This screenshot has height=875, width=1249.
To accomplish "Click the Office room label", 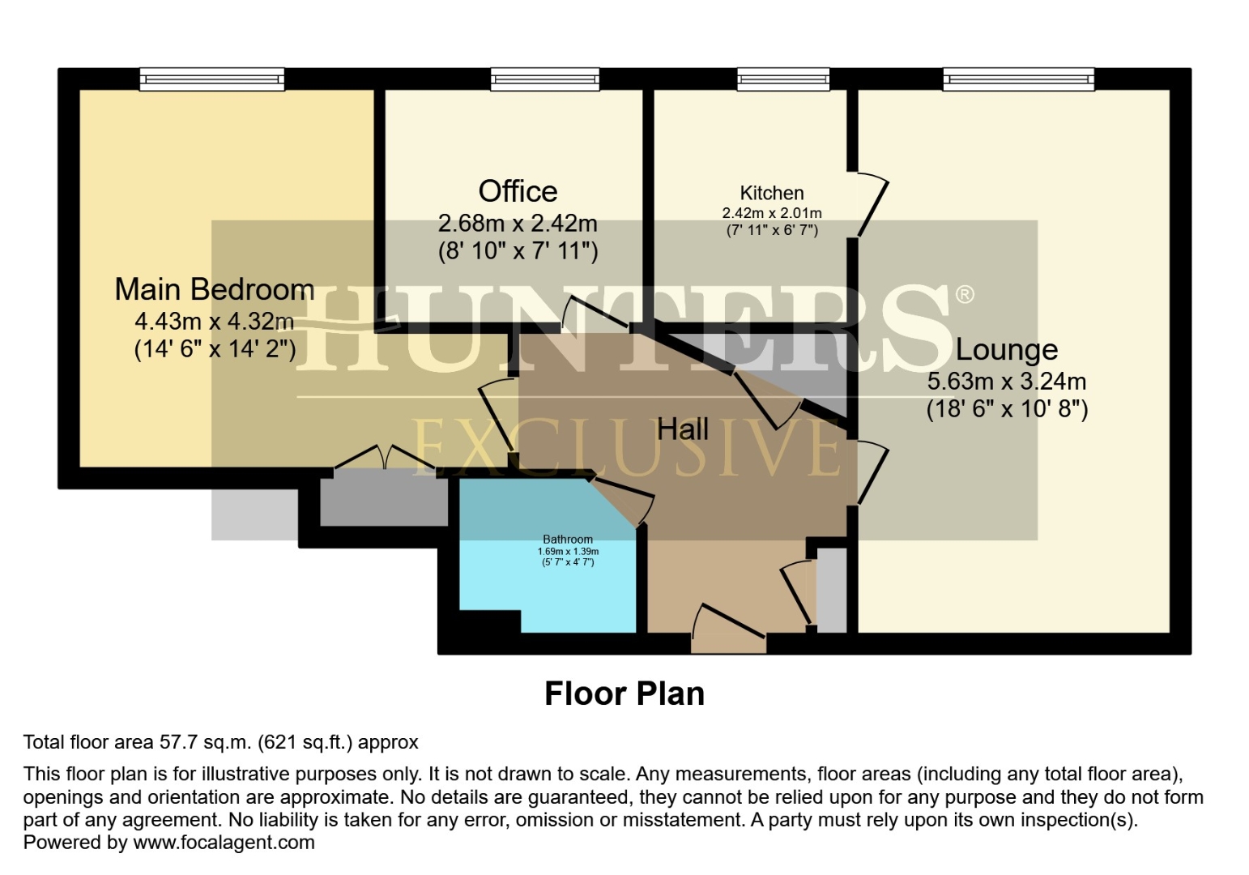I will point(518,191).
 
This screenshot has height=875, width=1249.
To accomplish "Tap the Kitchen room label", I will point(771,193).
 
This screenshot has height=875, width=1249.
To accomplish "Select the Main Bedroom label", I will point(214,289).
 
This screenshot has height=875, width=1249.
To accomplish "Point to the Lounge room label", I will point(1006,349).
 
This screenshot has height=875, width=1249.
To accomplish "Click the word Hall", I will point(682,429).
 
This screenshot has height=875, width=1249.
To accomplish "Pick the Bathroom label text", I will point(567,539).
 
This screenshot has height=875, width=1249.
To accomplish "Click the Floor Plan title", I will point(624,694).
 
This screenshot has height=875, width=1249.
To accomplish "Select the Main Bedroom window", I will point(212,79).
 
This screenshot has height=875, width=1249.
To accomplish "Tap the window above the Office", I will point(544,79).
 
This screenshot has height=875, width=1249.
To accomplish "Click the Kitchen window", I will point(782,79).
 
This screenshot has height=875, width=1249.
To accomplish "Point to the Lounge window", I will point(1018,79).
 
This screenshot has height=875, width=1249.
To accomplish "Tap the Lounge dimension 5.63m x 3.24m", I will point(1006,381).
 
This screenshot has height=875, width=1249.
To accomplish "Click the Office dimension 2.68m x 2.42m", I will point(518,223).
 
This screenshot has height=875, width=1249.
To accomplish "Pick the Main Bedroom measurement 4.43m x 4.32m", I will point(214,321).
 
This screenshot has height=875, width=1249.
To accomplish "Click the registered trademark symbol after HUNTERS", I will point(964,294).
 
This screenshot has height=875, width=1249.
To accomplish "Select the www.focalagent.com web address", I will point(224,842).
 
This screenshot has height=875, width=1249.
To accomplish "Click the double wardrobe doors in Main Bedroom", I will point(386,459).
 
